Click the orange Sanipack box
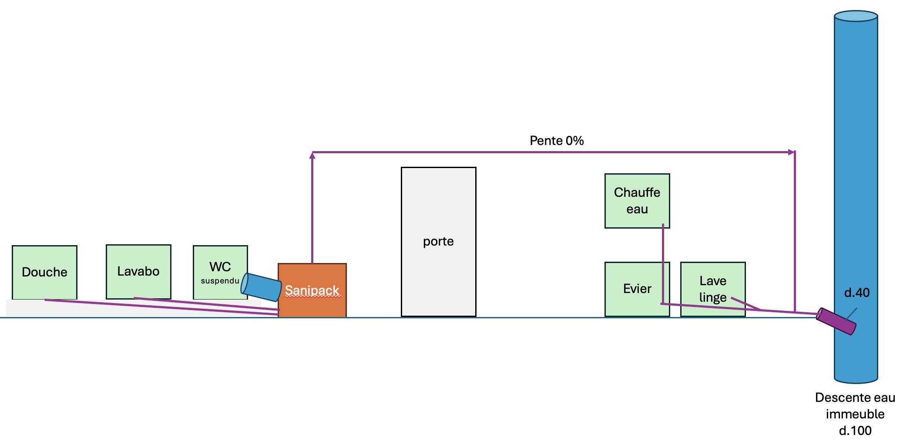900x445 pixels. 312,300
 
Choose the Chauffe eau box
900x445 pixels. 637,201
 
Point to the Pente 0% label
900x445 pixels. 557,141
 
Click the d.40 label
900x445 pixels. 856,293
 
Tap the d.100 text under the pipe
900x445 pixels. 855,431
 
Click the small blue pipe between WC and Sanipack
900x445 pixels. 262,287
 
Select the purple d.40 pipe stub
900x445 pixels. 836,321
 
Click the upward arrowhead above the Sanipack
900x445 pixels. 312,155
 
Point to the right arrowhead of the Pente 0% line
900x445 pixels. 792,152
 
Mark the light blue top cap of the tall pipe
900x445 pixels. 856,16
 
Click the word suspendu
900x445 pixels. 220,281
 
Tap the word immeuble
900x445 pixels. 855,414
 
